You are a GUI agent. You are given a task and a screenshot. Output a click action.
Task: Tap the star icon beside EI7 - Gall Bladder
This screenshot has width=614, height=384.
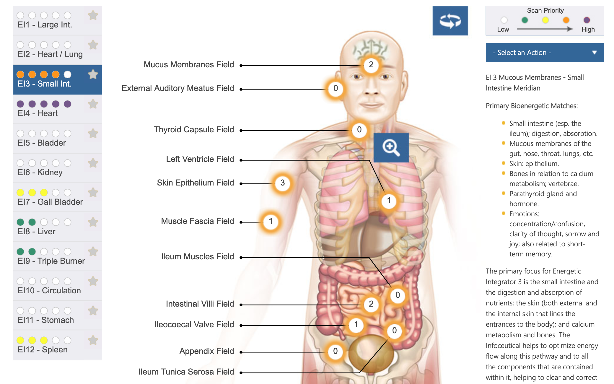click(x=93, y=193)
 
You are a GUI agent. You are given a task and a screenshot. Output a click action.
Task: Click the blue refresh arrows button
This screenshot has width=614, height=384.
click(x=450, y=21)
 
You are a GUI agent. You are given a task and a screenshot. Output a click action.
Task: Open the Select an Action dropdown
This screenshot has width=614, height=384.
click(x=544, y=53)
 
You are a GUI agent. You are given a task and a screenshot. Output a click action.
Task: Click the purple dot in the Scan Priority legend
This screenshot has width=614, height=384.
click(x=587, y=20)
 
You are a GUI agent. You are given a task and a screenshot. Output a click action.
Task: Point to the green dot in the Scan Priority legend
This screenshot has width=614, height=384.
click(x=525, y=20)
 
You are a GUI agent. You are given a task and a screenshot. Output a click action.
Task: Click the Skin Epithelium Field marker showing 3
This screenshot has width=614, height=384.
click(x=282, y=183)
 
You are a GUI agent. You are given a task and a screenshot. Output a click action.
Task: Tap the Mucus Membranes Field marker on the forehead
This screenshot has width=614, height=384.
click(x=371, y=65)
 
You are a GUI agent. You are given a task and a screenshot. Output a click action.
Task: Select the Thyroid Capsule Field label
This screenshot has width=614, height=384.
click(x=194, y=130)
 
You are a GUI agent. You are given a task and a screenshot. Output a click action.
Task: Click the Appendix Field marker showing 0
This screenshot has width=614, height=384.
click(x=335, y=351)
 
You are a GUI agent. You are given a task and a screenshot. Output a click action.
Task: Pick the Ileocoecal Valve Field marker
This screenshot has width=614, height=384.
click(x=356, y=325)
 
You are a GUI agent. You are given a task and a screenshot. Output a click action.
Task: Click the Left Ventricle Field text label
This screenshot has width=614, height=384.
click(x=200, y=159)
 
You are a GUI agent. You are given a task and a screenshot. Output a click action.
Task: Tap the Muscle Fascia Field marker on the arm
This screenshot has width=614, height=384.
click(x=271, y=221)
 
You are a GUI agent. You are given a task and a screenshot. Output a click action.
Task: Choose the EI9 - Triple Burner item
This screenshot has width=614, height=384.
click(x=50, y=257)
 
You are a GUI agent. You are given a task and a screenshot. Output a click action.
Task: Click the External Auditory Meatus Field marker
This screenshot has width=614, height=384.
click(x=335, y=88)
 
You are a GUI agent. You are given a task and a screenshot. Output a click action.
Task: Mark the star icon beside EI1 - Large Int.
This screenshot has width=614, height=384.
click(x=93, y=15)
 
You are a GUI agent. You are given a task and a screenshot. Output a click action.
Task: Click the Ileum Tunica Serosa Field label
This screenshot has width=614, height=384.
click(x=186, y=372)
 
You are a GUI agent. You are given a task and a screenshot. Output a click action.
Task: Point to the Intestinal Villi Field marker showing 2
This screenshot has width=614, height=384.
click(x=371, y=304)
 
